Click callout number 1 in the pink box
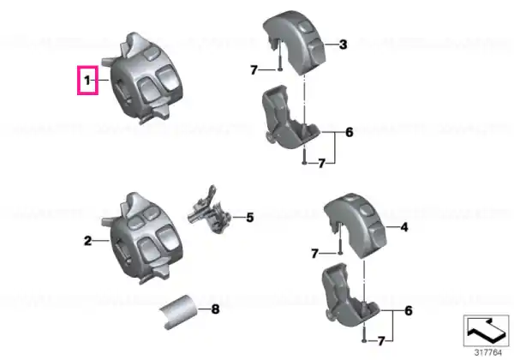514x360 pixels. tap(87, 80)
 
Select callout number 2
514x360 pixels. tap(88, 241)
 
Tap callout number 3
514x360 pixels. tap(343, 45)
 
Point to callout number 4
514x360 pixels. tap(404, 227)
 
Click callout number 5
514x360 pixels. tap(250, 218)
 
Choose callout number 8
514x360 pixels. tap(215, 309)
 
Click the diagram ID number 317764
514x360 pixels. tap(488, 353)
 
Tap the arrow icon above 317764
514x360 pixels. tap(486, 331)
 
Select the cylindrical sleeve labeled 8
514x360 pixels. tap(179, 312)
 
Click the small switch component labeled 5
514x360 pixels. tap(210, 211)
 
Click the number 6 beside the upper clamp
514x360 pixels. tap(350, 133)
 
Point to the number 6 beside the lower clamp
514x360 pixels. tap(409, 311)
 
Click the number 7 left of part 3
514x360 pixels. tap(254, 70)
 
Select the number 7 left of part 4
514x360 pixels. tap(314, 254)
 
